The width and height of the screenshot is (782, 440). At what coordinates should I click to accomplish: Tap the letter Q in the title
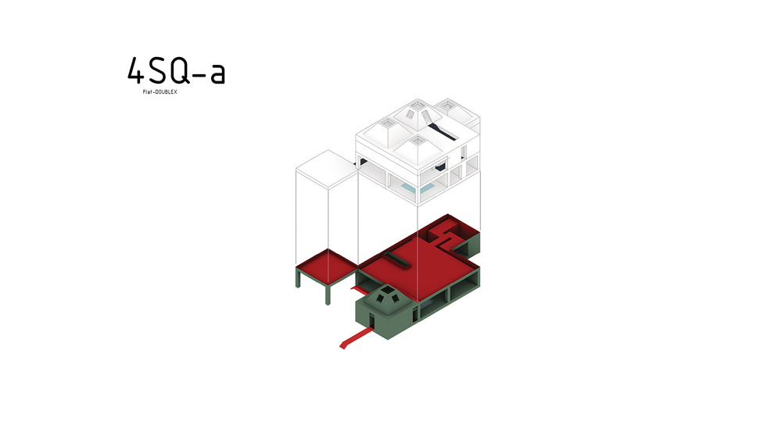tap(180, 70)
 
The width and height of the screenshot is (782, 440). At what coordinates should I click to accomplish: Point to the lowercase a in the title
tap(217, 73)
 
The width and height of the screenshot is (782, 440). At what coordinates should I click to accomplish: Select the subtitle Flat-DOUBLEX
tap(160, 92)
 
